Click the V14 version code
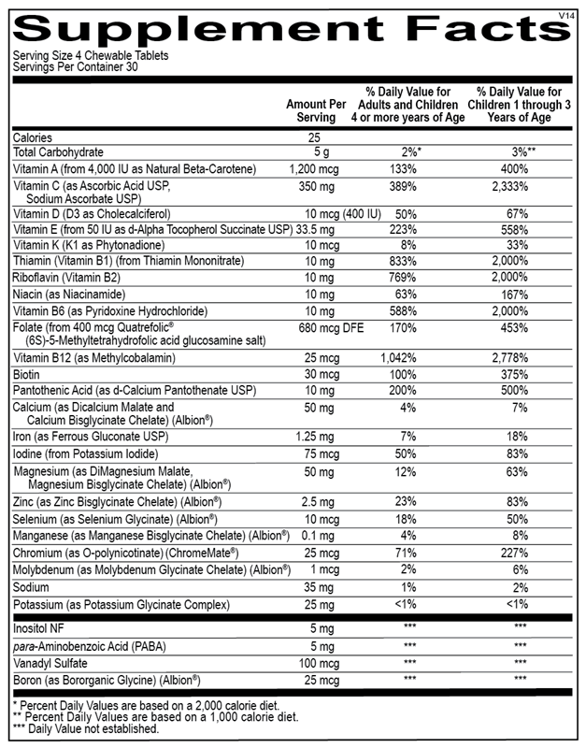coord(567,15)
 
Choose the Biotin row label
coord(28,375)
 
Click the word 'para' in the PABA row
coord(25,646)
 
